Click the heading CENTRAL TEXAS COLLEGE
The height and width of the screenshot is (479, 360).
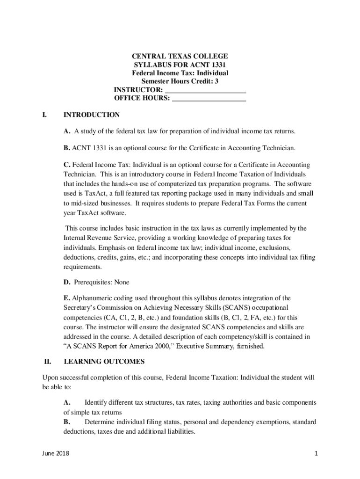coord(180,56)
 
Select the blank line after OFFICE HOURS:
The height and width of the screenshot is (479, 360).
coord(209,98)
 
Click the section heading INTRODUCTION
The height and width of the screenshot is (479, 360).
coord(92,115)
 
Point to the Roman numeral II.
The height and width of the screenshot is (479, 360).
coord(47,362)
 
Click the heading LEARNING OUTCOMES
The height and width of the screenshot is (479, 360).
coord(104,362)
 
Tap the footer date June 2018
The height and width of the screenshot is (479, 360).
coord(55,454)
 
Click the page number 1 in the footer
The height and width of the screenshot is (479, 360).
coord(317,454)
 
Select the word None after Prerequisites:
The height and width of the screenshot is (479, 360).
coord(120,283)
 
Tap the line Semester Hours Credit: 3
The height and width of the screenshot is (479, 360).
coord(180,81)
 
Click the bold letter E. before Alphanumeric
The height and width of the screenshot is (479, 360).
coord(67,298)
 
